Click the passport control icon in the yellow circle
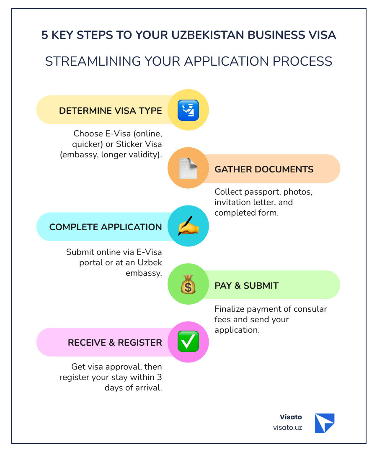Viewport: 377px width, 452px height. (x=188, y=110)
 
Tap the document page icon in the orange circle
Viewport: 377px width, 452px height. (x=188, y=169)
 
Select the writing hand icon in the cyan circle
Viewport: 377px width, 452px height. (x=188, y=226)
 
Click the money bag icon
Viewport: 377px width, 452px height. (x=188, y=285)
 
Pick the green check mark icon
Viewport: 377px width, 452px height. (x=188, y=342)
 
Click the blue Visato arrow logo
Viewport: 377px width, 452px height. (x=325, y=423)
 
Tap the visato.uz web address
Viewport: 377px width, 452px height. (x=287, y=428)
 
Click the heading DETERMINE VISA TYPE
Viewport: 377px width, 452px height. (x=110, y=110)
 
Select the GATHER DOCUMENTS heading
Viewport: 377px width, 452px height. (x=264, y=169)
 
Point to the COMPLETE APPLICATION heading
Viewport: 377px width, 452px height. (x=105, y=227)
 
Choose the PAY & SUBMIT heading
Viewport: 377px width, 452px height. (x=246, y=285)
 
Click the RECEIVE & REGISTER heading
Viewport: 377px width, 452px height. (x=115, y=342)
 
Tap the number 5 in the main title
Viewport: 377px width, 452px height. (x=45, y=35)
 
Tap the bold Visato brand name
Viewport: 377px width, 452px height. (x=291, y=417)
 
